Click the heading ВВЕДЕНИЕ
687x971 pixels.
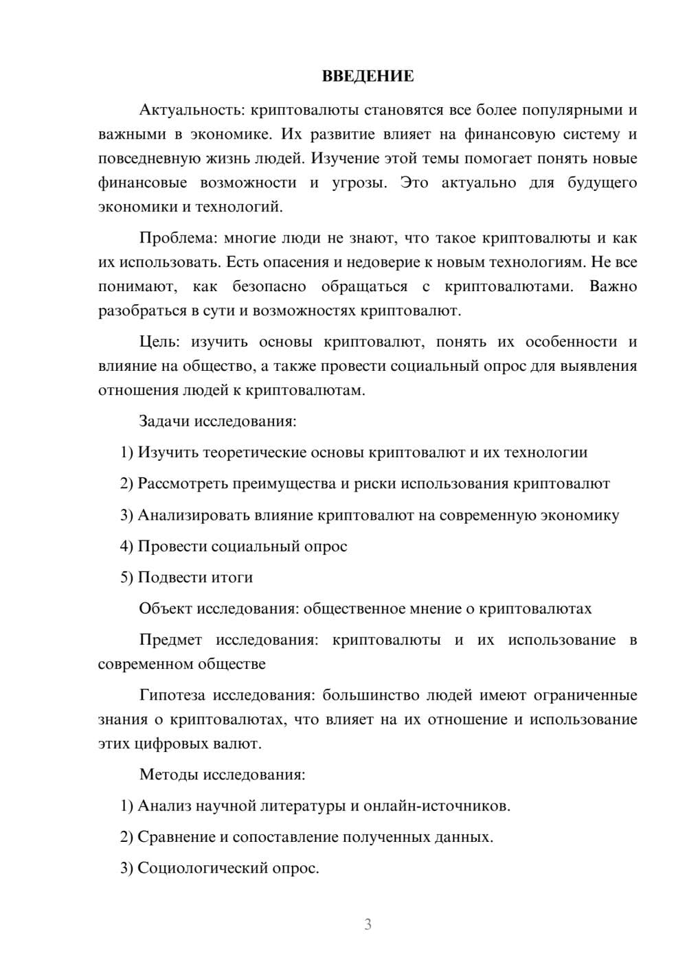368,76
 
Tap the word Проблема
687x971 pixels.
177,238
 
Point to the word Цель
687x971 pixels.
159,342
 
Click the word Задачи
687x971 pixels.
165,421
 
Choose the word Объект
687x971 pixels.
166,609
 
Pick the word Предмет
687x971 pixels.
170,640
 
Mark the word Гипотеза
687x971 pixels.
172,695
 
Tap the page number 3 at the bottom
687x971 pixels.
368,924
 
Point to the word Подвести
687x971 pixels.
172,578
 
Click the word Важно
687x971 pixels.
613,286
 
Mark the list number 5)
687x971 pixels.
126,578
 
